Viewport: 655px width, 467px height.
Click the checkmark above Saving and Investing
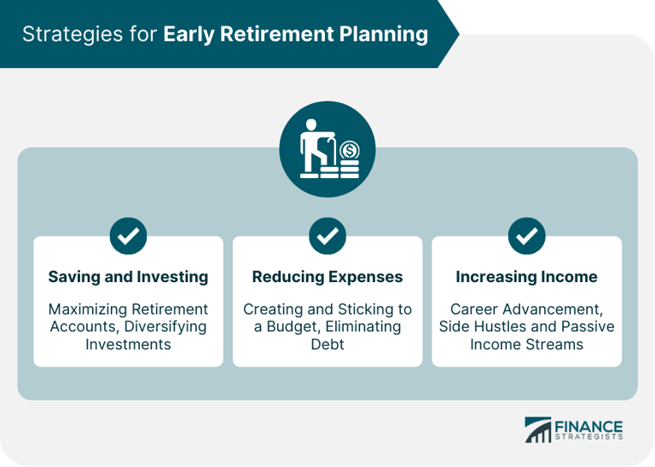coord(128,236)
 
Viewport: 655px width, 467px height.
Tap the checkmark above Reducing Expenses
coord(327,236)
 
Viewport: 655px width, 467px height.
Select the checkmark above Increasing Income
coord(526,236)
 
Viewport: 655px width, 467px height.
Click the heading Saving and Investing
coord(128,277)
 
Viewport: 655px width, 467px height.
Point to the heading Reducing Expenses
coord(327,277)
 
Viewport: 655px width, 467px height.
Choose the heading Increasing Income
coord(526,277)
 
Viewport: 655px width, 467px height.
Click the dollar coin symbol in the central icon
coord(350,152)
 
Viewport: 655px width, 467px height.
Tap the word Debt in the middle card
coord(327,344)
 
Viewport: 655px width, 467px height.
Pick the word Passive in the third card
coord(588,326)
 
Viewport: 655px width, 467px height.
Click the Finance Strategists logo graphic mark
coord(538,430)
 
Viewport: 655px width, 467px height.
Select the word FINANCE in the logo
coord(589,426)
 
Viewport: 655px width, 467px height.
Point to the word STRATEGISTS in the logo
coord(589,438)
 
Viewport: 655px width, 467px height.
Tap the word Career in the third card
coord(476,308)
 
